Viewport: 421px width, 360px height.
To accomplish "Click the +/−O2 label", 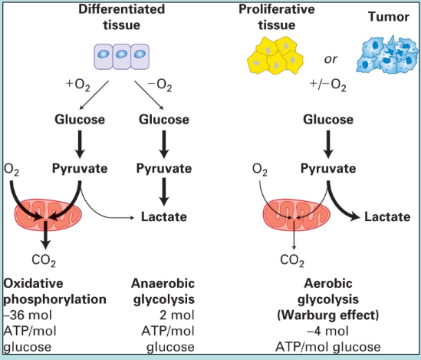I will coord(328,85).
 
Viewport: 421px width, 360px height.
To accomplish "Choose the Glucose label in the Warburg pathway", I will coord(328,120).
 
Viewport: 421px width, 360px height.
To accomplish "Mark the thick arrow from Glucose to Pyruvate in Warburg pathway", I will coord(328,144).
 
